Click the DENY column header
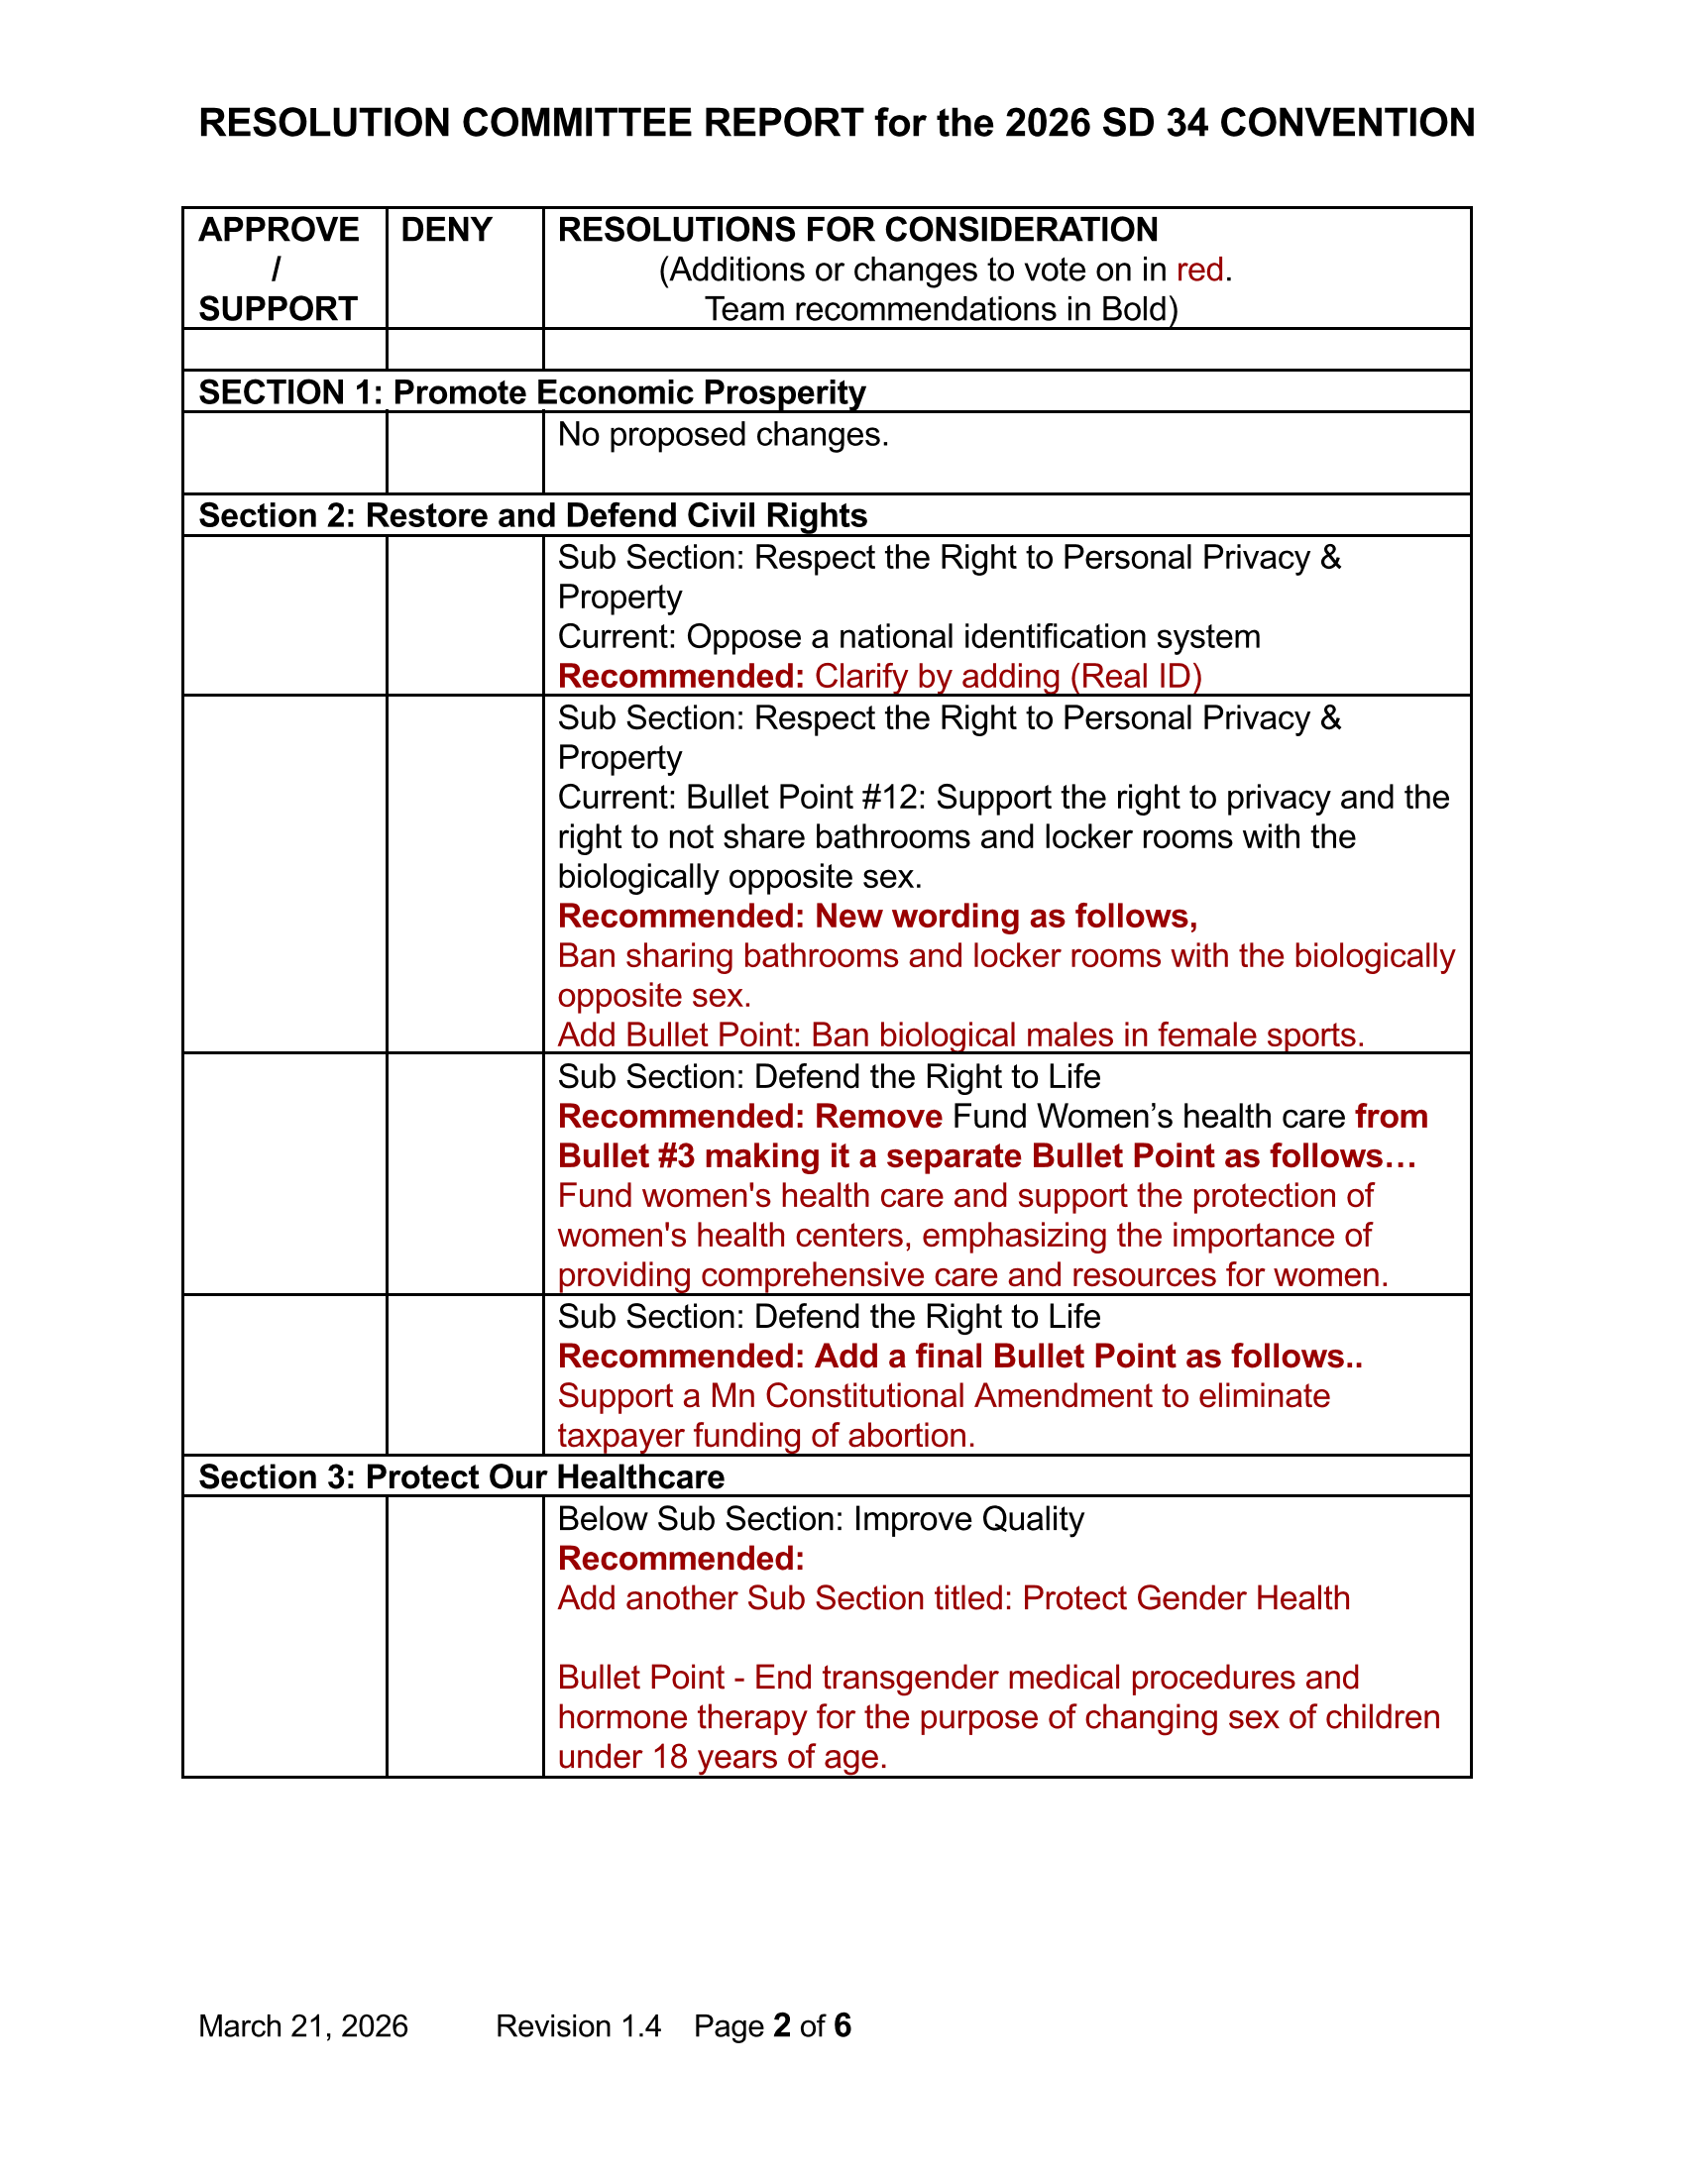point(446,231)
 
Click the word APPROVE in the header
point(279,231)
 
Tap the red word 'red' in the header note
point(1199,271)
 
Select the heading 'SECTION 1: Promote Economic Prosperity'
point(532,393)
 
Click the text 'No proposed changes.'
point(723,435)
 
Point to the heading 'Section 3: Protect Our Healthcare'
point(461,1477)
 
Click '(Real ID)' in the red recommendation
point(1135,677)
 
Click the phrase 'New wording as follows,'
point(1005,917)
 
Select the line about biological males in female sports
point(960,1035)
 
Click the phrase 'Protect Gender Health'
point(1185,1598)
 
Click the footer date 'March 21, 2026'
point(303,2026)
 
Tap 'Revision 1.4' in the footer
point(578,2026)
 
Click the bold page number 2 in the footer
point(782,2025)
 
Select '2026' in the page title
point(1048,124)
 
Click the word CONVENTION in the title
point(1347,124)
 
